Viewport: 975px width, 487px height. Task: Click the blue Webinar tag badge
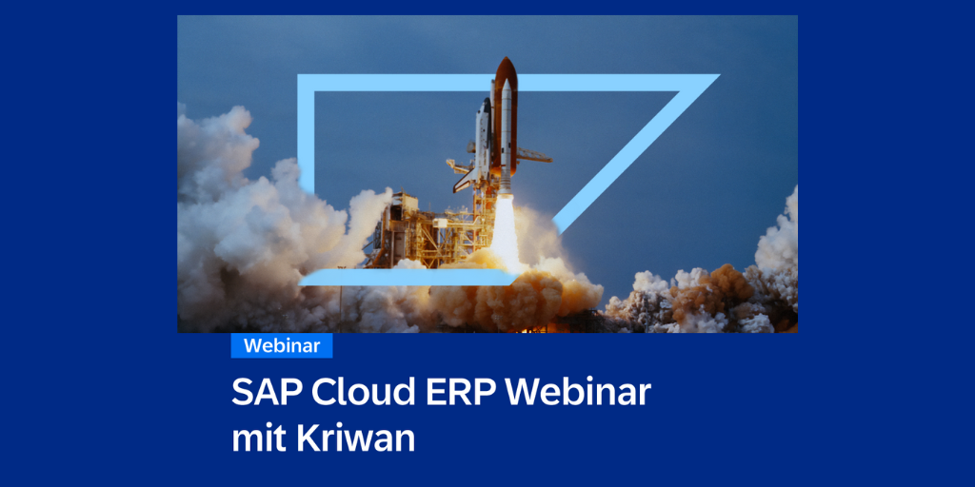(x=282, y=345)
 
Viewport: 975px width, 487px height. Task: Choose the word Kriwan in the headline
(x=356, y=438)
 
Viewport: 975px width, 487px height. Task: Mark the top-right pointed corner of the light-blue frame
(x=718, y=76)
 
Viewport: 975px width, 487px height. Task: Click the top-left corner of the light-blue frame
(x=299, y=76)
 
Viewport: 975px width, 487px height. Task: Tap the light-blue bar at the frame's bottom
(x=408, y=277)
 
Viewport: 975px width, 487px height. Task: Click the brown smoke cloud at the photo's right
(x=715, y=291)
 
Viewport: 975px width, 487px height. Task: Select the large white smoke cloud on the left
(x=261, y=230)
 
